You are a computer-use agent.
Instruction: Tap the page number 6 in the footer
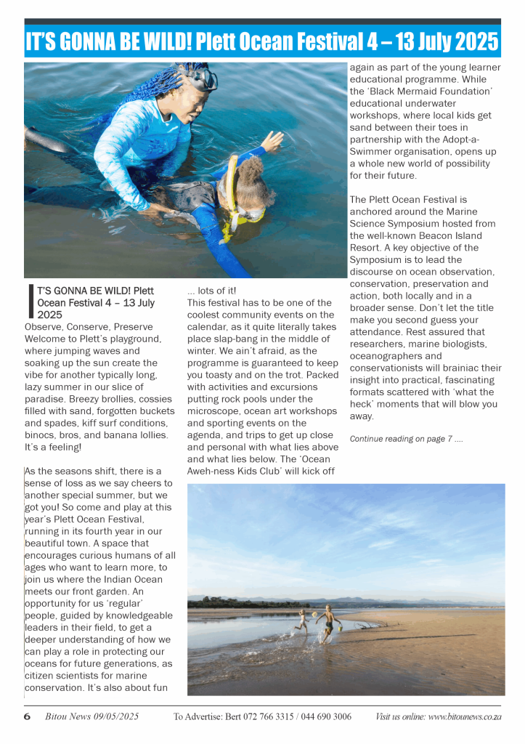[x=27, y=716]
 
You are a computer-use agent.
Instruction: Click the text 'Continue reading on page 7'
[x=405, y=439]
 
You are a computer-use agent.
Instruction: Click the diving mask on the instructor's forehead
[x=203, y=78]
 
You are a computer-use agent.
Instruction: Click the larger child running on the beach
[x=328, y=620]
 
